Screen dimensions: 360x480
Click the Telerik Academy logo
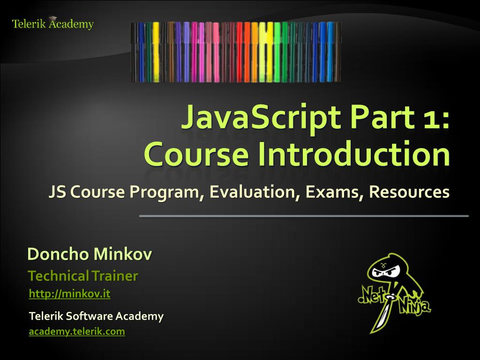pyautogui.click(x=52, y=23)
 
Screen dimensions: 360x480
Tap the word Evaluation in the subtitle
pyautogui.click(x=254, y=192)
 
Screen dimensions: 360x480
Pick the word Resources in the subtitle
pyautogui.click(x=409, y=192)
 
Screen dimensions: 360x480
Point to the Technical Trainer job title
pyautogui.click(x=83, y=276)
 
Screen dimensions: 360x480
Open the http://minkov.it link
pyautogui.click(x=69, y=294)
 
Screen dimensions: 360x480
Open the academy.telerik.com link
pyautogui.click(x=77, y=332)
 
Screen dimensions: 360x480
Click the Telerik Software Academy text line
pyautogui.click(x=96, y=316)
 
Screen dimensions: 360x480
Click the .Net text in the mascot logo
pyautogui.click(x=371, y=296)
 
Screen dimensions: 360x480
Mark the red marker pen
pyautogui.click(x=240, y=52)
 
